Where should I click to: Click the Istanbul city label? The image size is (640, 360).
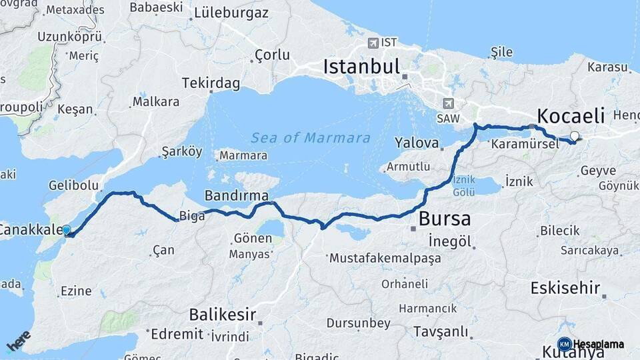click(x=361, y=67)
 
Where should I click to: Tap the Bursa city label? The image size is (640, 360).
click(x=445, y=219)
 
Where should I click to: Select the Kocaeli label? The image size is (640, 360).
click(x=571, y=115)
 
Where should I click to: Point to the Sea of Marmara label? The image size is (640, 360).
click(x=310, y=138)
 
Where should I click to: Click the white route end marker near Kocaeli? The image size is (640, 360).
click(x=575, y=136)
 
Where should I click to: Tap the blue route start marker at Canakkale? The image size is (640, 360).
click(x=66, y=230)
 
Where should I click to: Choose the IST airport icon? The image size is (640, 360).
click(x=373, y=43)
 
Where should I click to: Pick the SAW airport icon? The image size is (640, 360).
click(x=447, y=103)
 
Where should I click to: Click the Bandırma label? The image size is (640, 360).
click(x=237, y=195)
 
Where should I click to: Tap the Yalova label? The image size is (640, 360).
click(x=417, y=143)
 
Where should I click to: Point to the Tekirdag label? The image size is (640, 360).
click(x=211, y=83)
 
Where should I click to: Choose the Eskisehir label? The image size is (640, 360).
click(x=564, y=288)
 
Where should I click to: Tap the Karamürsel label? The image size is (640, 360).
click(x=524, y=143)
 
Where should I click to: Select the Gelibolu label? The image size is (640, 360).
click(x=73, y=185)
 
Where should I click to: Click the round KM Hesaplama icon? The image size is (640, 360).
click(x=564, y=344)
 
